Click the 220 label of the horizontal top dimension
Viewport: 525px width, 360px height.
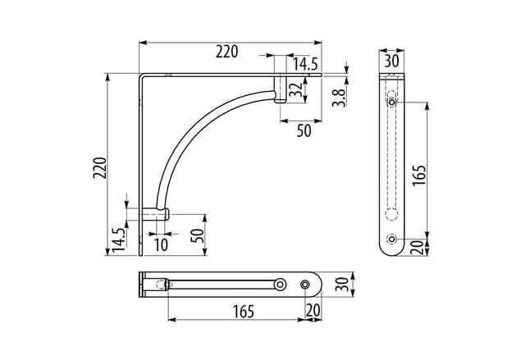coord(226,52)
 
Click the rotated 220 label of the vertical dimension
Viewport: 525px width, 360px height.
coord(100,167)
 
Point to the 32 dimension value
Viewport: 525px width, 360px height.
coord(296,89)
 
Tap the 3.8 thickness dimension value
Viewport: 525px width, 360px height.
coord(339,98)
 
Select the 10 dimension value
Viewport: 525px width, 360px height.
coord(161,245)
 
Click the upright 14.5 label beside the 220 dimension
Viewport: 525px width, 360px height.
coord(305,64)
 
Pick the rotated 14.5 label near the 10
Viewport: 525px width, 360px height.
coord(118,240)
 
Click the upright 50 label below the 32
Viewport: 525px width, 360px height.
coord(304,131)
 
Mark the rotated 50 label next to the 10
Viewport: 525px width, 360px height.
coord(197,236)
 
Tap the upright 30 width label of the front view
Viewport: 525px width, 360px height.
coord(391,62)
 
